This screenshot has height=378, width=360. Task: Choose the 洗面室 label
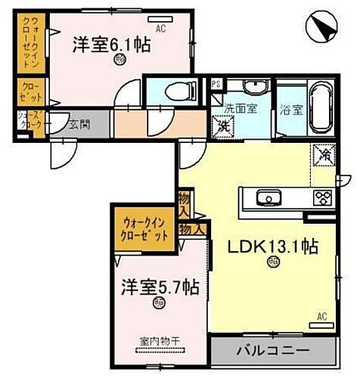pos(240,108)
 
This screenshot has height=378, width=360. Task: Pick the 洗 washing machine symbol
pos(224,126)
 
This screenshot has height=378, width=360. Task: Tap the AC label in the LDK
pos(321,316)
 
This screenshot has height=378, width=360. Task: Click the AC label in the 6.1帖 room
pos(160,29)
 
